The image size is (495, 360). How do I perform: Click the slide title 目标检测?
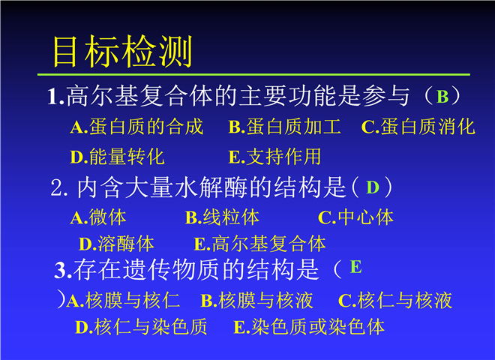coord(122,51)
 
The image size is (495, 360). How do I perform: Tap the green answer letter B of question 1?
coord(442,97)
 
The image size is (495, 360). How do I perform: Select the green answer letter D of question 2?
coord(373,187)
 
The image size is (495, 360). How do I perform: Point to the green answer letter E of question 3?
coord(356,267)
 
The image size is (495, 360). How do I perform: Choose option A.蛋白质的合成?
coord(136,127)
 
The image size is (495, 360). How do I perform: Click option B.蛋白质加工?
coord(284,127)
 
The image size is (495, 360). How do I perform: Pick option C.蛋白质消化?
coord(418,127)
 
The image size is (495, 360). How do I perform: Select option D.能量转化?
coord(117,156)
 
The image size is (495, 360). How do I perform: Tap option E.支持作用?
coord(274,156)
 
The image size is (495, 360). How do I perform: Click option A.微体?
coord(98,217)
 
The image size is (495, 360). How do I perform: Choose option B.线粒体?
coord(222,217)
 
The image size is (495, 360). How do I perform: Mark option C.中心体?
coord(355,217)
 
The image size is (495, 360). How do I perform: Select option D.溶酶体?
coord(116,244)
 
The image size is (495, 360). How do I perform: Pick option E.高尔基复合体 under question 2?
coord(259,244)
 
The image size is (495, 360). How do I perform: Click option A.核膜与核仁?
coord(123,300)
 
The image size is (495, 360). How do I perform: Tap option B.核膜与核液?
coord(257,300)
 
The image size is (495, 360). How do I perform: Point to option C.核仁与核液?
coord(395,300)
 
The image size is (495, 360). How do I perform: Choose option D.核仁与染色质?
coord(141,326)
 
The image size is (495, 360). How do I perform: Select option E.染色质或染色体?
coord(309,326)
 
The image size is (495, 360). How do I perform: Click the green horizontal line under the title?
coord(253,74)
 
